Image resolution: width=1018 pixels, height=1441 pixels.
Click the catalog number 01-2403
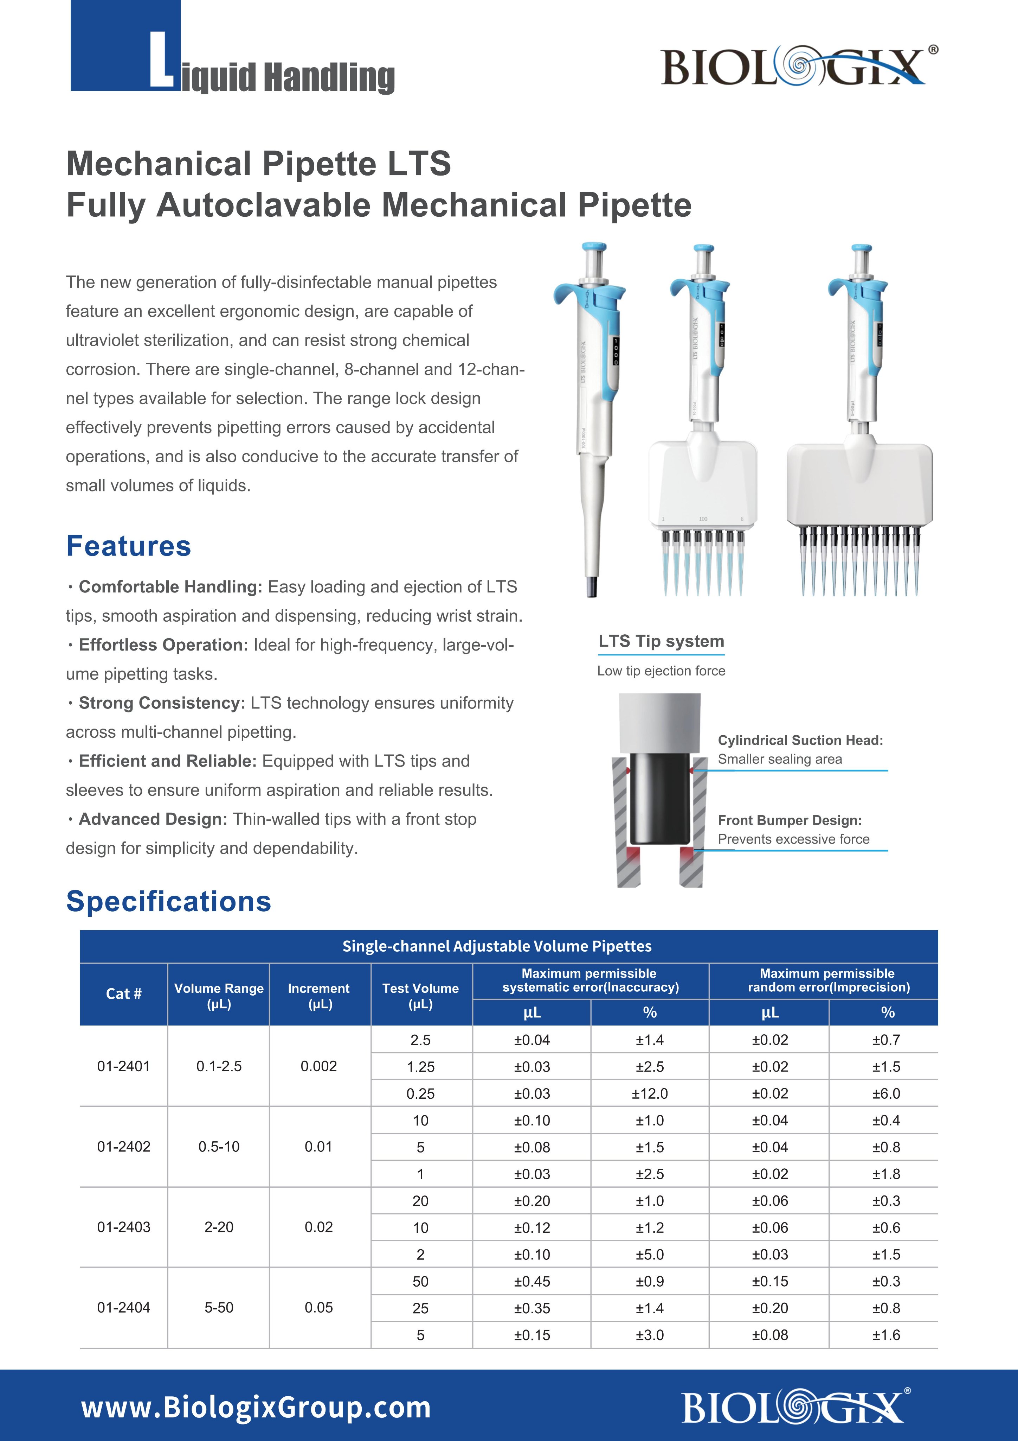(124, 1227)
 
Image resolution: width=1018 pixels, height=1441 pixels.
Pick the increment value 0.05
(318, 1307)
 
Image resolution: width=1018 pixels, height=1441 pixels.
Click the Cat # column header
(124, 994)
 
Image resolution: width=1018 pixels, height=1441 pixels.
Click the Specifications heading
(169, 901)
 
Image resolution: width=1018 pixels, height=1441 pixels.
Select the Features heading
(129, 546)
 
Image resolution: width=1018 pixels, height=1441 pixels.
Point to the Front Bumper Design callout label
(789, 820)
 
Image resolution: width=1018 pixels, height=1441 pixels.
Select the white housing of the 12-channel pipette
(859, 483)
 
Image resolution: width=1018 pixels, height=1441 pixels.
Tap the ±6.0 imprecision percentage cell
(886, 1093)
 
